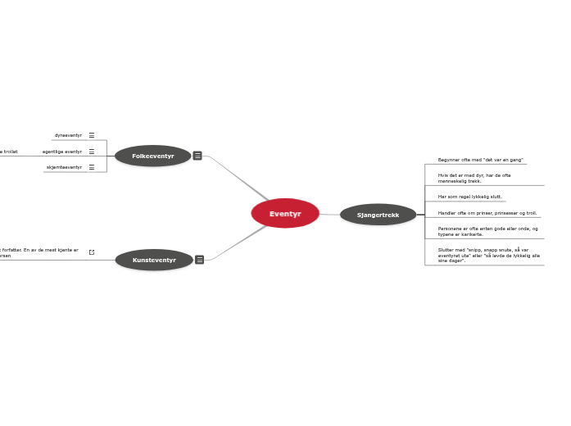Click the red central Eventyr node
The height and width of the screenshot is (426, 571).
pos(285,214)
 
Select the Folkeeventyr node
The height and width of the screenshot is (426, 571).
pos(153,156)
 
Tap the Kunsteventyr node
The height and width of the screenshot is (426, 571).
pos(154,260)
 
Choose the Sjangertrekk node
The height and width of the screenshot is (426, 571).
pos(378,215)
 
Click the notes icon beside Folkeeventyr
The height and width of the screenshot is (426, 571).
pos(197,156)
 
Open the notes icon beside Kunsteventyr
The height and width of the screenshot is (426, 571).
pos(199,260)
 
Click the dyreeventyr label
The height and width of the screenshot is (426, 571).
pos(68,135)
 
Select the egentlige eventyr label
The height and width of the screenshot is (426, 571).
pos(62,152)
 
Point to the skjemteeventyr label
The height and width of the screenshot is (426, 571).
pos(64,167)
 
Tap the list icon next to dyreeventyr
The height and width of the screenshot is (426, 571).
pos(92,135)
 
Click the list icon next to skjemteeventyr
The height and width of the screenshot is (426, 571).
pos(92,167)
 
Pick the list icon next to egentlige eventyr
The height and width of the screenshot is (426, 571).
pos(92,152)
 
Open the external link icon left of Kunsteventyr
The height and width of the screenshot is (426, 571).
pos(92,252)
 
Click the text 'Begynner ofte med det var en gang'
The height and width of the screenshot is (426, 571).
pos(480,160)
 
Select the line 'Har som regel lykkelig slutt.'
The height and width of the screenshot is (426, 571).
pos(469,197)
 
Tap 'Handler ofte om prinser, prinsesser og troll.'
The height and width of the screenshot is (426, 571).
pos(487,212)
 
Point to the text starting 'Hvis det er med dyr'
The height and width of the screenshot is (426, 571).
pos(474,178)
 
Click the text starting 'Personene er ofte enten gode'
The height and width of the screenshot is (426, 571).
pos(487,231)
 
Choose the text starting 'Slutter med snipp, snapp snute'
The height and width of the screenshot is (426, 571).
pos(488,255)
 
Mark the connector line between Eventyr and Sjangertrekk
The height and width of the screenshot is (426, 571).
pos(329,215)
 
